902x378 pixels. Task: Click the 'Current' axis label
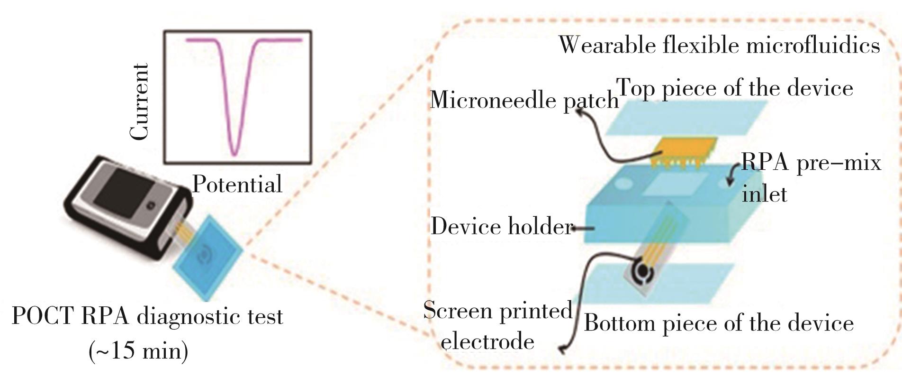coord(140,102)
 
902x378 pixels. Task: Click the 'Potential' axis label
coord(237,184)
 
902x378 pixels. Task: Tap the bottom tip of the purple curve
coord(234,154)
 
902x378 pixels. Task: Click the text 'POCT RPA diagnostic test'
coord(147,316)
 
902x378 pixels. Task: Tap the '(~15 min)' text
coord(138,351)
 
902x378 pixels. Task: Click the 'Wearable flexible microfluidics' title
coord(719,45)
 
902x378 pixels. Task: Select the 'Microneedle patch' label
coord(524,100)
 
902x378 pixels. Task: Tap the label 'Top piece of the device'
coord(734,88)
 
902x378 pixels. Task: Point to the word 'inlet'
coord(764,194)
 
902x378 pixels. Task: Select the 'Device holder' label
coord(501,227)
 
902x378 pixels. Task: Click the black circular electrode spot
coord(642,271)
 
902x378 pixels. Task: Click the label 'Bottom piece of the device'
coord(719,323)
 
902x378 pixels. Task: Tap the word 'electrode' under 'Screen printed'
coord(488,341)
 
